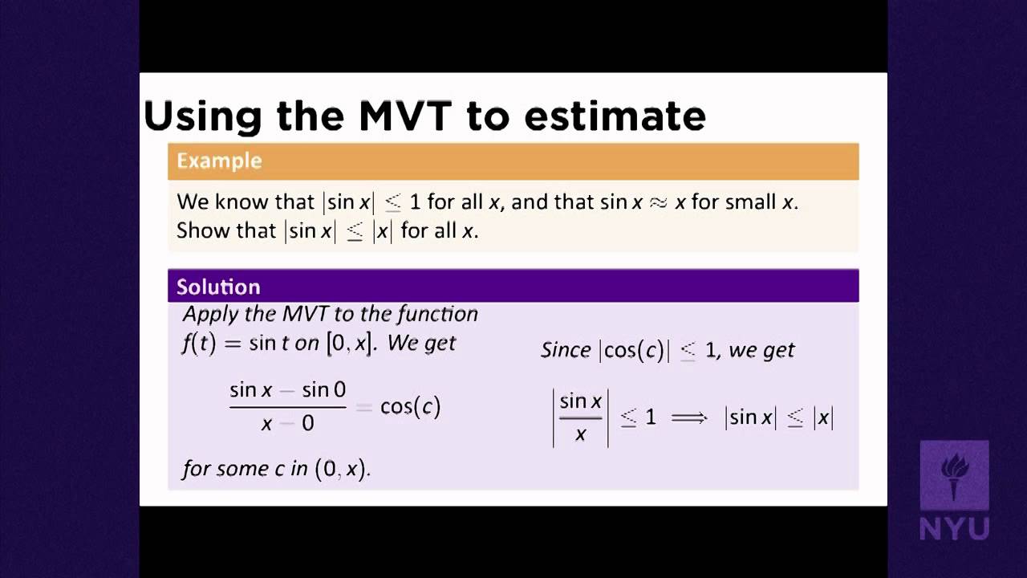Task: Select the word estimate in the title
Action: click(615, 116)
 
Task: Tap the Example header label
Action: click(219, 161)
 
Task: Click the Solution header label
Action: click(218, 287)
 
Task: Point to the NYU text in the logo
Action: click(954, 528)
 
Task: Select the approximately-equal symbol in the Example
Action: click(659, 201)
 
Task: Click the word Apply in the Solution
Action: click(205, 314)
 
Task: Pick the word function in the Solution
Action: click(440, 314)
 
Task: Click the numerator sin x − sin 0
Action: click(287, 390)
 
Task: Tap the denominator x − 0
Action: click(287, 423)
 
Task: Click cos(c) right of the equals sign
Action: click(410, 407)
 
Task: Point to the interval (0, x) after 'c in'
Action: click(342, 469)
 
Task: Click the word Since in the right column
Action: click(566, 350)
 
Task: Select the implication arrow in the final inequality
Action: click(689, 417)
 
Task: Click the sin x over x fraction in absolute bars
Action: click(580, 417)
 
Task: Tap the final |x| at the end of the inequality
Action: click(823, 417)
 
